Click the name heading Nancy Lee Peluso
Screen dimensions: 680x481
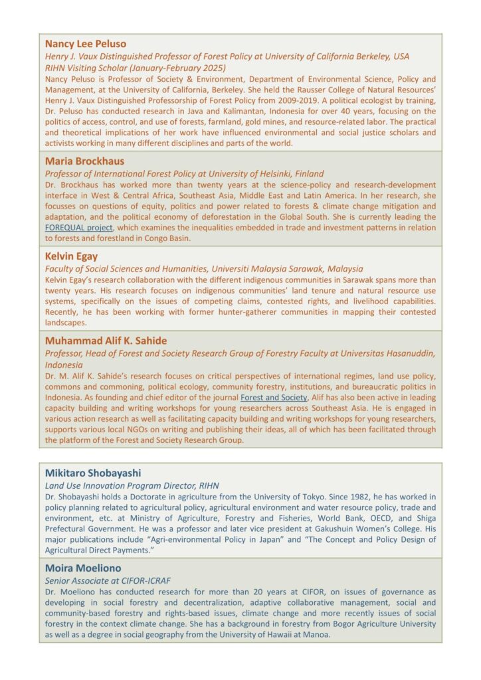(x=86, y=44)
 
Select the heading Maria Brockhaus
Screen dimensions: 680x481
(x=84, y=161)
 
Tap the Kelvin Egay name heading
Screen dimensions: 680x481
(x=72, y=256)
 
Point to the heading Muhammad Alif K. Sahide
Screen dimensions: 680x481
(x=106, y=341)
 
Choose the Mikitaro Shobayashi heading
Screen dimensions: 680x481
(x=93, y=473)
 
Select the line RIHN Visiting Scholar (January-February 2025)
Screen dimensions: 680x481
(x=136, y=68)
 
